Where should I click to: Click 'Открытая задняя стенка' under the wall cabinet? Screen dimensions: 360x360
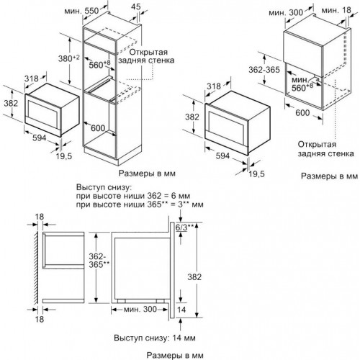[x=325, y=147]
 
